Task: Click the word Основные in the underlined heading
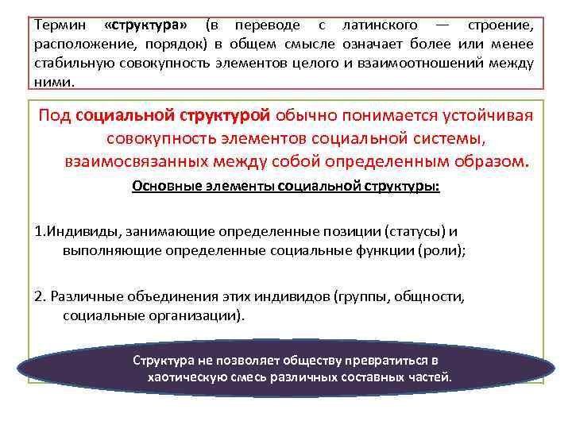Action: tap(164, 187)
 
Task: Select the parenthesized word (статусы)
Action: tap(415, 232)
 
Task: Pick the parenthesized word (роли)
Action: tap(443, 250)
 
